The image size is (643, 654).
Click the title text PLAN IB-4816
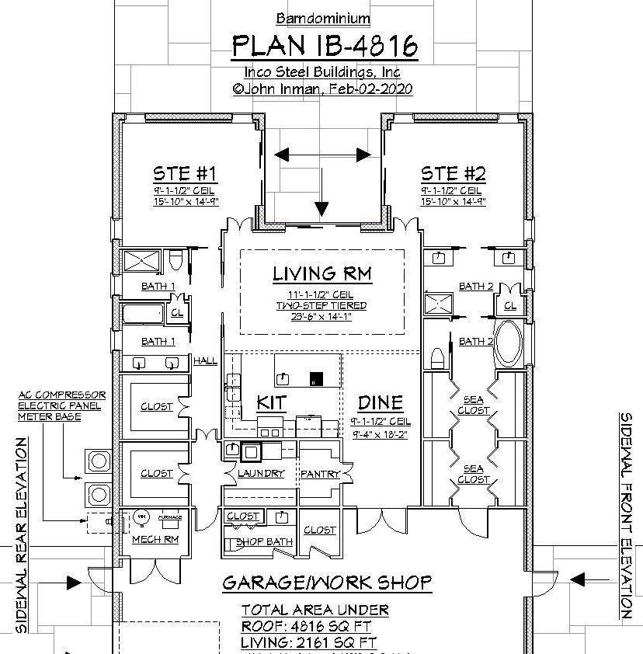coord(325,46)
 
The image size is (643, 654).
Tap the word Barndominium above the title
coord(323,18)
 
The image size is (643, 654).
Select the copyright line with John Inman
coord(322,89)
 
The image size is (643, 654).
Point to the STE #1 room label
coord(184,172)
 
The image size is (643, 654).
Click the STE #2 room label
coord(453,172)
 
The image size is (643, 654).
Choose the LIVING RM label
coord(321,273)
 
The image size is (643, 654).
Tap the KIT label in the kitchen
coord(271,402)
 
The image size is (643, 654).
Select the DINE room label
coord(381,402)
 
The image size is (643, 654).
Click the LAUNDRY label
coord(261,473)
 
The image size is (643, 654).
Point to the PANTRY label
coord(318,473)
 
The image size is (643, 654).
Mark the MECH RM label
coord(155,539)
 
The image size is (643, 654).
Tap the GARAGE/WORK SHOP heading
coord(326,583)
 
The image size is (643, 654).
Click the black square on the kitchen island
coord(315,379)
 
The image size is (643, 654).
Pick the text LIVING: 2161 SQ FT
coord(309,642)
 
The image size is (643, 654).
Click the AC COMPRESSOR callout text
coord(62,395)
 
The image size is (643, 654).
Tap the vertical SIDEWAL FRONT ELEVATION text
coord(626,515)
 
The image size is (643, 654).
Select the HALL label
coord(206,360)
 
